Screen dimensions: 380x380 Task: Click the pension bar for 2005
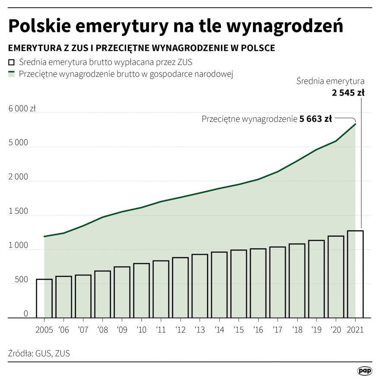click(x=44, y=298)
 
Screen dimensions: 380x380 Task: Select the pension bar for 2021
click(x=355, y=274)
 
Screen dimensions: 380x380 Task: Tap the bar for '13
click(x=200, y=286)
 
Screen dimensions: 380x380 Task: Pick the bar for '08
click(x=102, y=294)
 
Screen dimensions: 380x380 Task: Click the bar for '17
click(x=278, y=282)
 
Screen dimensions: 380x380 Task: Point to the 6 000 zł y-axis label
click(x=22, y=109)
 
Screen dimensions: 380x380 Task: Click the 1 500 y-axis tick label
click(x=18, y=212)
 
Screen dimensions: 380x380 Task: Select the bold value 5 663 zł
click(x=316, y=119)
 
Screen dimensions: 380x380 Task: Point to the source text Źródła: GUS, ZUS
click(x=39, y=353)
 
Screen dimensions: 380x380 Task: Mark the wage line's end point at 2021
click(x=355, y=124)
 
